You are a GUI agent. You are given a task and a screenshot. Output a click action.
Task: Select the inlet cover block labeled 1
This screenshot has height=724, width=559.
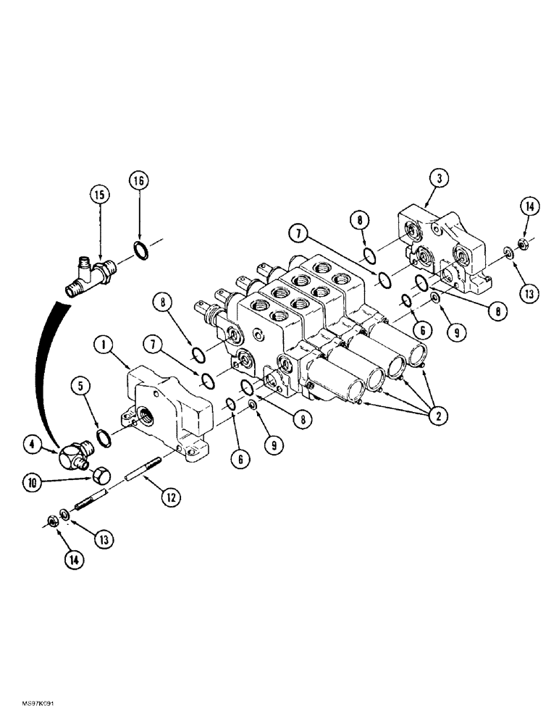(x=168, y=410)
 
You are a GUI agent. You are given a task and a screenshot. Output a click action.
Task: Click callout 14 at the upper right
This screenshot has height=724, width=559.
(x=528, y=208)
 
